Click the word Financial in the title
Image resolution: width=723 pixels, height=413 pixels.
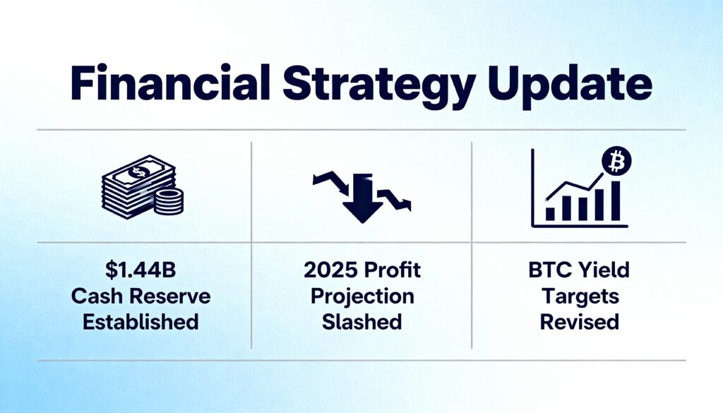click(x=171, y=83)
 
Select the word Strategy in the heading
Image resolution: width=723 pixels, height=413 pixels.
click(x=378, y=87)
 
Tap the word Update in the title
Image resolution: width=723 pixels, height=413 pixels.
click(x=569, y=87)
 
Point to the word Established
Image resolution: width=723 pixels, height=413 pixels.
click(x=141, y=321)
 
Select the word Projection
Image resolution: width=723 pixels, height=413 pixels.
click(x=362, y=297)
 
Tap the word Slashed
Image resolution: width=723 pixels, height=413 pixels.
click(x=361, y=321)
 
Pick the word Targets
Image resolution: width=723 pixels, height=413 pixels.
click(x=580, y=297)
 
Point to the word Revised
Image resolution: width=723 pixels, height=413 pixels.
click(x=580, y=321)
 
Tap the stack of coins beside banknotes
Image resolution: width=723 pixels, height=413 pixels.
click(x=168, y=201)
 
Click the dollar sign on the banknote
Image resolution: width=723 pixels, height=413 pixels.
click(x=138, y=173)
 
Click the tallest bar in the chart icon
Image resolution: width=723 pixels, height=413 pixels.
click(x=615, y=201)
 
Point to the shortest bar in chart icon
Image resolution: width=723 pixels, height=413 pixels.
click(x=550, y=214)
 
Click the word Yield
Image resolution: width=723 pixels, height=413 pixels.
click(x=605, y=270)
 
